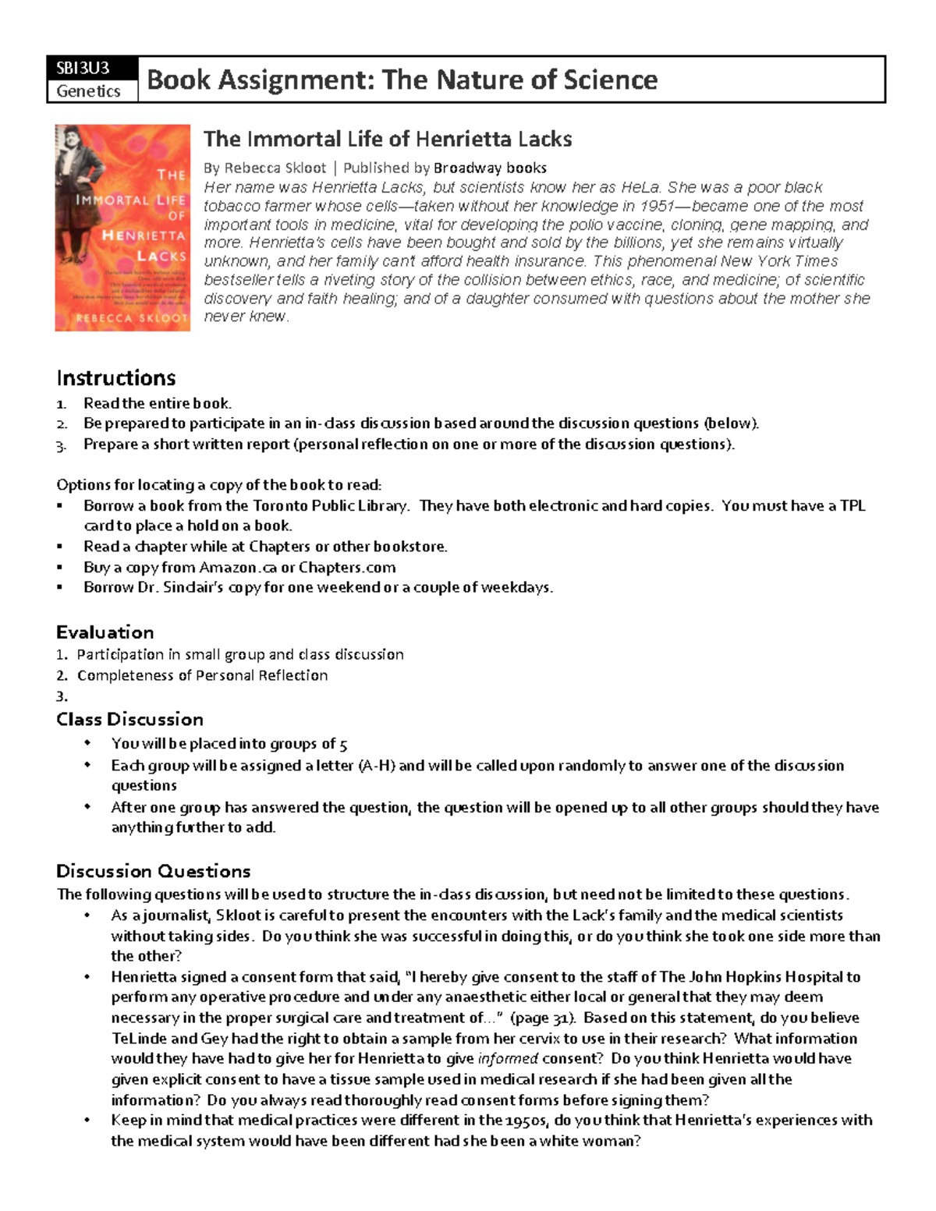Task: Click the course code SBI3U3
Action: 82,68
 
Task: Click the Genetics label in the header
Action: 88,91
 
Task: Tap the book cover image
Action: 122,228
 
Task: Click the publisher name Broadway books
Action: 490,168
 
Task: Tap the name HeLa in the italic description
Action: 640,187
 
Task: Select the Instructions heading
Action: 115,378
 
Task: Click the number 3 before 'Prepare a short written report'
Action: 62,445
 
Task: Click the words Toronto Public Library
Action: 330,505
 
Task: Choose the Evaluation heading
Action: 105,632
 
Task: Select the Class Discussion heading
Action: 129,719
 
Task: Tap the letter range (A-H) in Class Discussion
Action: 376,765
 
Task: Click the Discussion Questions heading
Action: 153,871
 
